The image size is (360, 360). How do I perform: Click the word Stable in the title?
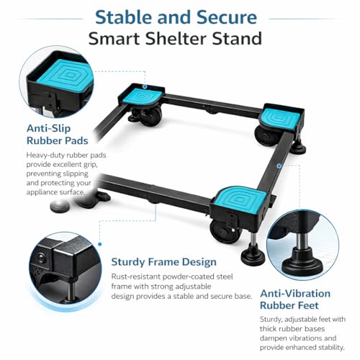pos(123,17)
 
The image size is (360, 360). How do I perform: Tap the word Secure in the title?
pos(227,17)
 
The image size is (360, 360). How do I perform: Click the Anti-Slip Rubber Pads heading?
pos(58,135)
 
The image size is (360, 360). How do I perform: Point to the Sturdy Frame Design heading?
pos(163,261)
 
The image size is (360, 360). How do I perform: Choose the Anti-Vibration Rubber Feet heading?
pos(295,300)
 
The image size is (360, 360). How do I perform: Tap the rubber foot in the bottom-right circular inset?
pos(302,264)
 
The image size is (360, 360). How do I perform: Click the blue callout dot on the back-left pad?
pos(145,86)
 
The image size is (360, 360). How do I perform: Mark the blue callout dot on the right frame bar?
pos(279,166)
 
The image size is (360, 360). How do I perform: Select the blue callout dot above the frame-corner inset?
pos(100,244)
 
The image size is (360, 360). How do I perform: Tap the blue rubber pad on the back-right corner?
pos(280,118)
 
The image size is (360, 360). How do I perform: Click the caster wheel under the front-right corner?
pos(224,231)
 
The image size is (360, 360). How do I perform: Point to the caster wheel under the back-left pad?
pos(149,116)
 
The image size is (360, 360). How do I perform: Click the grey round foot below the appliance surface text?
pos(60,206)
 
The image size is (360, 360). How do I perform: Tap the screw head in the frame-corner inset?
pos(41,258)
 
